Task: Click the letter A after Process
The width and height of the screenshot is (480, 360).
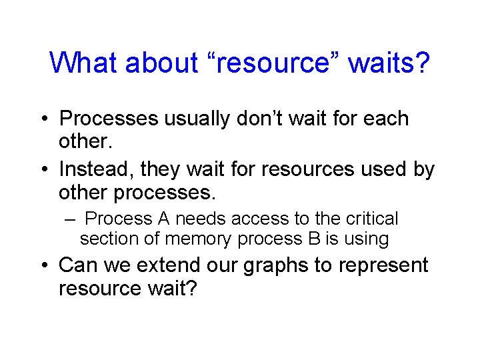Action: [x=164, y=219]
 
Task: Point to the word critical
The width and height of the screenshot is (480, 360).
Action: [x=373, y=219]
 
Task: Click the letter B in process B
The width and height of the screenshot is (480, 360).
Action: [x=313, y=239]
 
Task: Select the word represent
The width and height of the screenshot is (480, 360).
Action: [x=386, y=265]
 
